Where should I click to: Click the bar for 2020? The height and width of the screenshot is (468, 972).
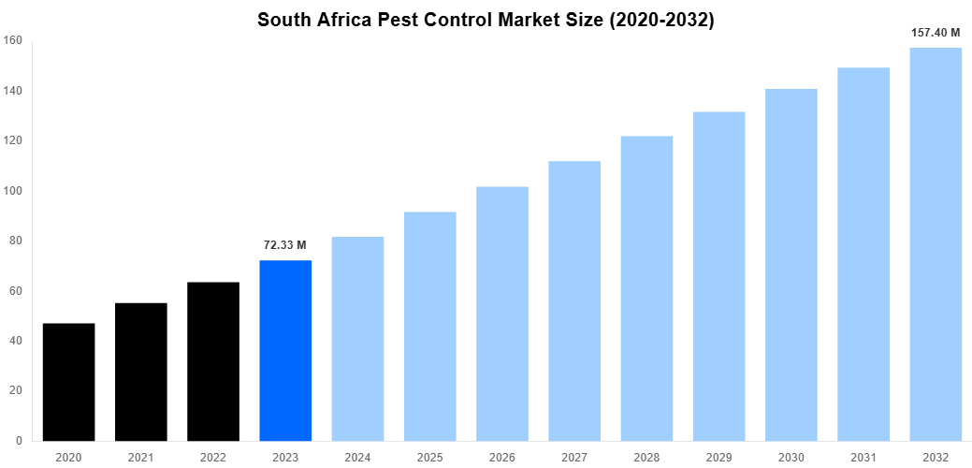pyautogui.click(x=68, y=382)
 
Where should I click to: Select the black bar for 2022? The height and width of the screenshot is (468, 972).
pyautogui.click(x=213, y=361)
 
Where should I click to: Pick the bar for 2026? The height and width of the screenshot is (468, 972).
pyautogui.click(x=502, y=314)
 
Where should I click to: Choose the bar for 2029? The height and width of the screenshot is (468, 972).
pyautogui.click(x=718, y=276)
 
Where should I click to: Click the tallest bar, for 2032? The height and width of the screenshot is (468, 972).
pyautogui.click(x=936, y=244)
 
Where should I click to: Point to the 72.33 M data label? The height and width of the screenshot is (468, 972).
pyautogui.click(x=285, y=245)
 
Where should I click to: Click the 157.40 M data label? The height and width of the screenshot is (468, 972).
pyautogui.click(x=936, y=33)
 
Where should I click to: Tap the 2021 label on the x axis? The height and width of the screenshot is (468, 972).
pyautogui.click(x=141, y=457)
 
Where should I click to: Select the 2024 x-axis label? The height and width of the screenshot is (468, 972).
pyautogui.click(x=357, y=457)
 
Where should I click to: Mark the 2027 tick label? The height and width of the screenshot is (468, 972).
pyautogui.click(x=574, y=457)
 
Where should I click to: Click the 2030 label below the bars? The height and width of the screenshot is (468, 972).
pyautogui.click(x=791, y=457)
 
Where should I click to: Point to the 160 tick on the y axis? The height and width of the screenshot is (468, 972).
pyautogui.click(x=13, y=40)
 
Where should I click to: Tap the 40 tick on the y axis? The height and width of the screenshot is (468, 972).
pyautogui.click(x=16, y=341)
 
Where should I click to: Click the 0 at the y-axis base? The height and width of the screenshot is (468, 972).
pyautogui.click(x=20, y=441)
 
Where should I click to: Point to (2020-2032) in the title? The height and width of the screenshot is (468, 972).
pyautogui.click(x=661, y=21)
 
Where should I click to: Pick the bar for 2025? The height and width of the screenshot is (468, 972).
pyautogui.click(x=430, y=326)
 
